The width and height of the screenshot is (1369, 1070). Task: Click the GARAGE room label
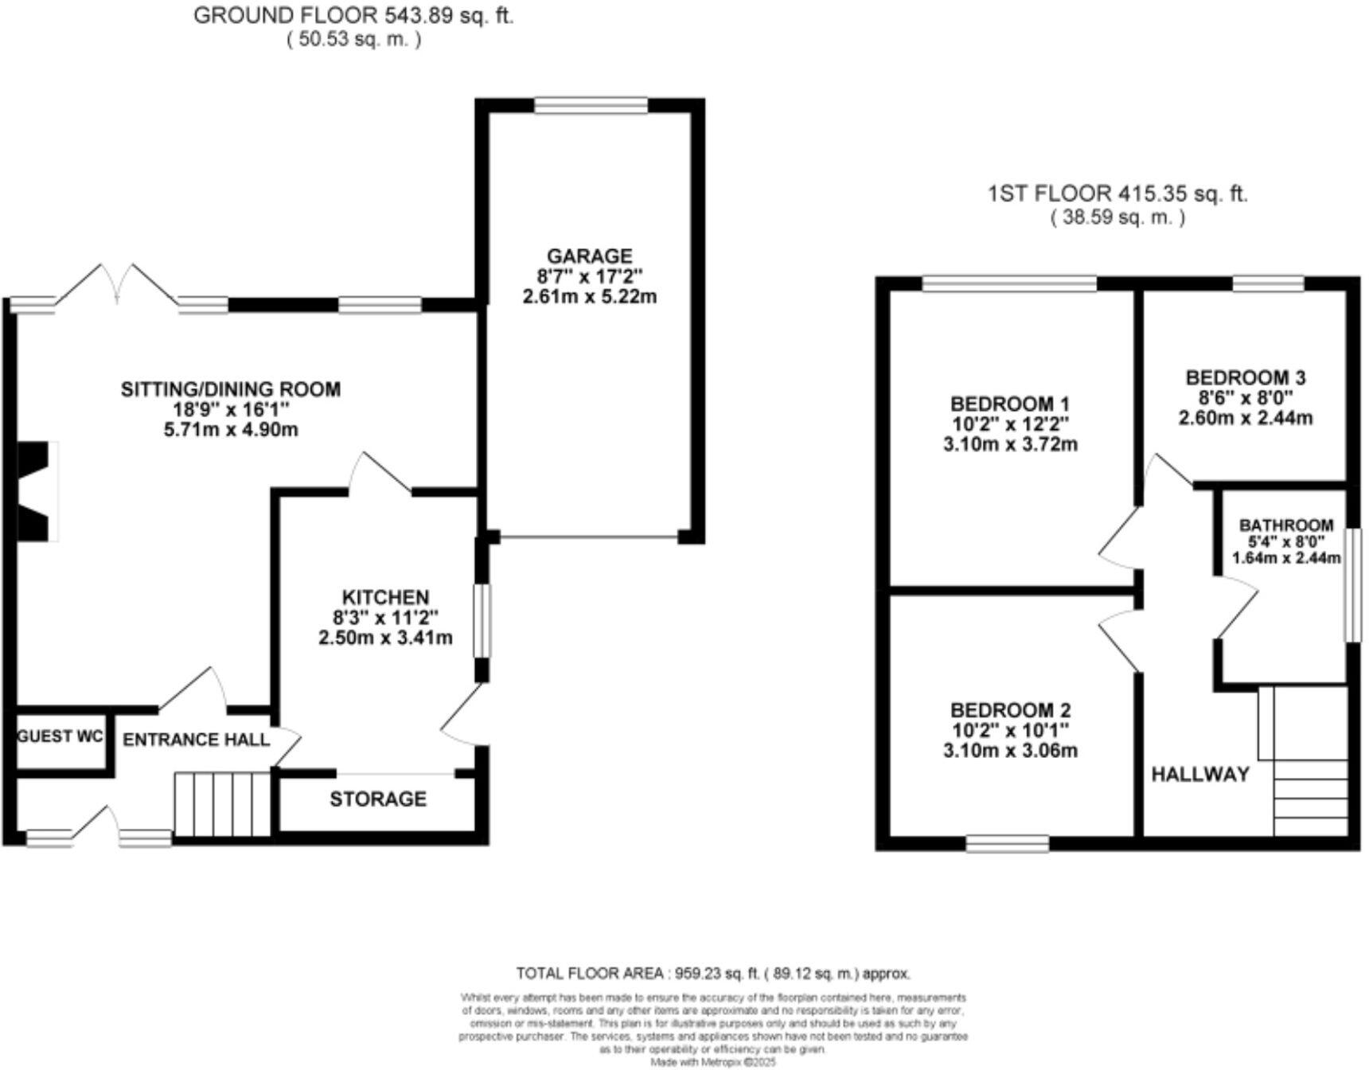[x=589, y=256]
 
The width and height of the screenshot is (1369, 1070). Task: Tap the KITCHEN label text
[x=385, y=597]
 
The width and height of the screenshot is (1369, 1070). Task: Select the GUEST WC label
[x=60, y=736]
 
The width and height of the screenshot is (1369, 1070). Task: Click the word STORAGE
[x=378, y=799]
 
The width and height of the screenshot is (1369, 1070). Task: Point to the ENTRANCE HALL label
[x=197, y=740]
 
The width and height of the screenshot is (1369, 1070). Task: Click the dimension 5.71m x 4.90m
[x=231, y=431]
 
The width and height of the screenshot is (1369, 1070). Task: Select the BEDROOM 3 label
[x=1245, y=377]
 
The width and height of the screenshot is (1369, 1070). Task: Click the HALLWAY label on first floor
[x=1200, y=774]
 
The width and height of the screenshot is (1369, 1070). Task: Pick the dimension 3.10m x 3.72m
[x=1010, y=444]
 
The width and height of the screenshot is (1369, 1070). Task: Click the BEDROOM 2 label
[x=1010, y=709]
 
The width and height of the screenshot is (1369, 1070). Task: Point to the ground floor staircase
[x=223, y=804]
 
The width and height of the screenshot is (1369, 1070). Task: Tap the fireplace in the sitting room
[x=36, y=492]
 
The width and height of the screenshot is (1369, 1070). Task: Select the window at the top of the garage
[x=591, y=106]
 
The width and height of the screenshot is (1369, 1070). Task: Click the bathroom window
[x=1352, y=584]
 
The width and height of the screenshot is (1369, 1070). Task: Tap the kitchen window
[x=482, y=621]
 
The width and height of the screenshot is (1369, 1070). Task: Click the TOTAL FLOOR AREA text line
[x=712, y=973]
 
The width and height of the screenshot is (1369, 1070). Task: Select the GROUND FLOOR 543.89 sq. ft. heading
[x=353, y=16]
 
